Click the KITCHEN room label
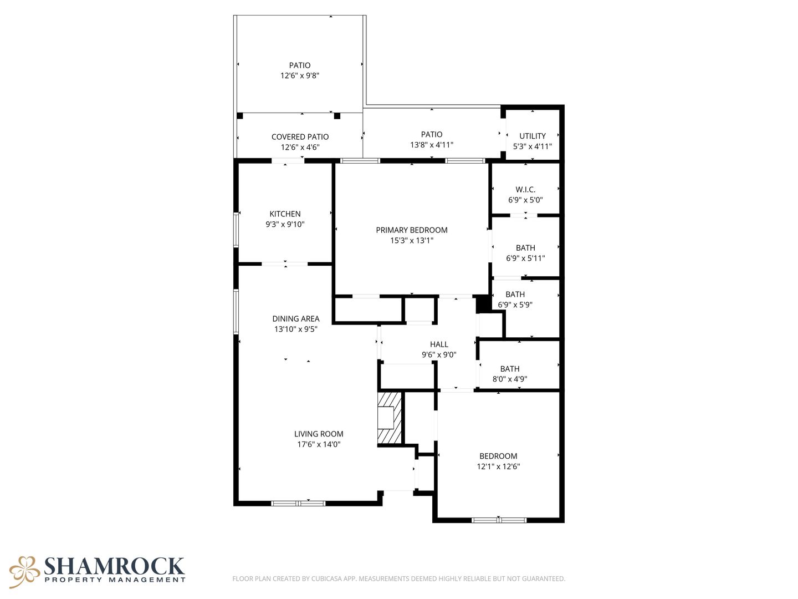coord(285,214)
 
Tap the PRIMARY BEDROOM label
coord(412,230)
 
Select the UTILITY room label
coord(532,136)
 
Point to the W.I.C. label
coord(525,190)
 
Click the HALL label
coord(439,344)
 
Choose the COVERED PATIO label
coord(300,137)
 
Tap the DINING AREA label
coord(295,318)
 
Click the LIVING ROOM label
coord(319,434)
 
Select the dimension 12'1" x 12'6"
coord(498,466)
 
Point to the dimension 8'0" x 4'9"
coord(510,379)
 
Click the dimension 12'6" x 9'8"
coord(300,75)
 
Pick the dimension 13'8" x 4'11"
coord(432,145)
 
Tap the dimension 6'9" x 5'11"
coord(525,258)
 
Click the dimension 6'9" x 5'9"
coord(515,305)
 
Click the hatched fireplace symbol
coord(390,418)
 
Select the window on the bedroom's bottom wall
coord(499,520)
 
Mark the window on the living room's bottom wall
coord(298,504)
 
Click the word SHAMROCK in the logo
coord(114,566)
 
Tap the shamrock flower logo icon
coord(24,572)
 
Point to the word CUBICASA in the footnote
coord(326,578)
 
